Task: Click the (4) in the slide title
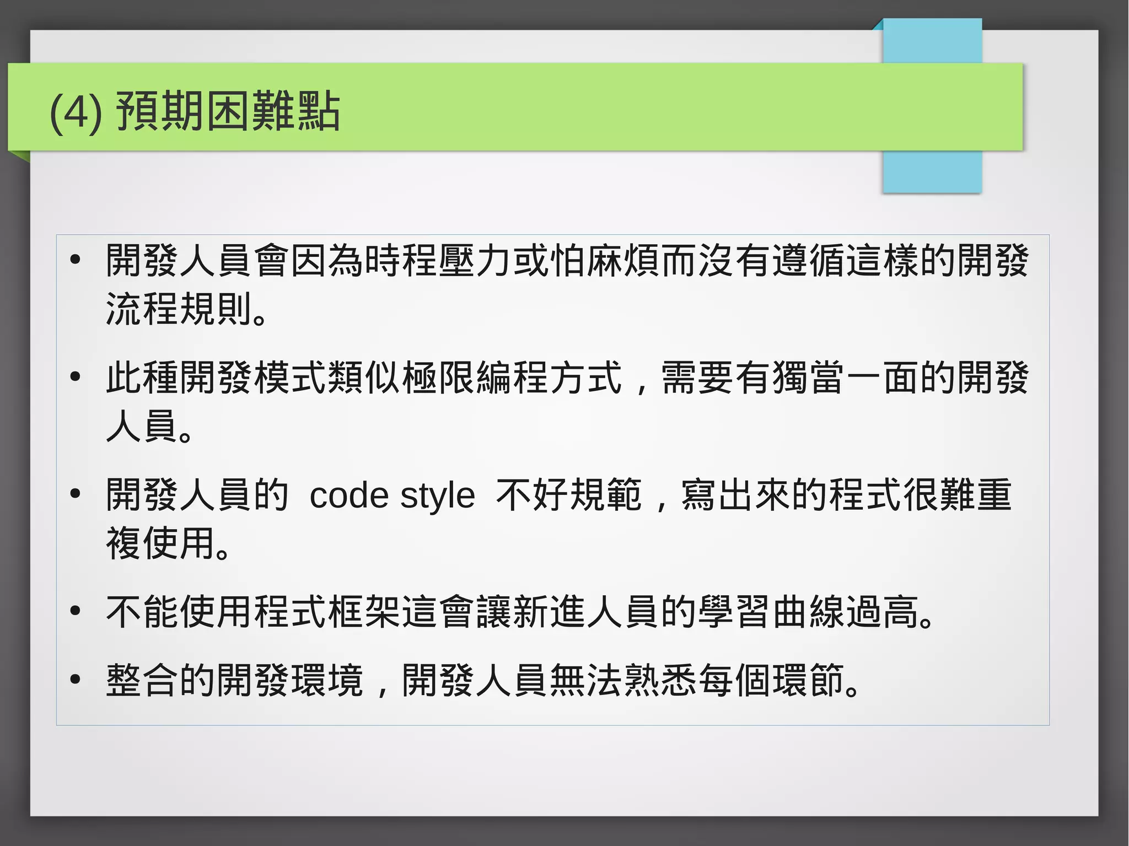pyautogui.click(x=76, y=112)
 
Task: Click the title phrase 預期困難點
pyautogui.click(x=228, y=111)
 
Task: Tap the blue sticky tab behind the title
pyautogui.click(x=932, y=171)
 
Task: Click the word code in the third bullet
pyautogui.click(x=349, y=495)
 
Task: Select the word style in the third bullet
pyautogui.click(x=437, y=495)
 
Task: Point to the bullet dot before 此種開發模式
pyautogui.click(x=76, y=377)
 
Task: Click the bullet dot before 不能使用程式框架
pyautogui.click(x=76, y=611)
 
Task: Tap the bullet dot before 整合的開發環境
pyautogui.click(x=76, y=679)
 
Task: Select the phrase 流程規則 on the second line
pyautogui.click(x=179, y=309)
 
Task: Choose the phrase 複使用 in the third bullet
pyautogui.click(x=160, y=543)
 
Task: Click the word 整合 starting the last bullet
pyautogui.click(x=142, y=680)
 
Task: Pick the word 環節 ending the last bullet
pyautogui.click(x=808, y=680)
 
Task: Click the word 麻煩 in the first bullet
pyautogui.click(x=623, y=260)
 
